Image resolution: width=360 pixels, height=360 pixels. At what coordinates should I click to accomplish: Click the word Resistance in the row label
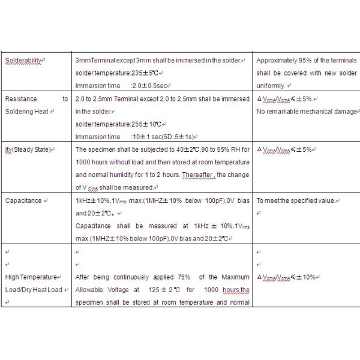(x=21, y=99)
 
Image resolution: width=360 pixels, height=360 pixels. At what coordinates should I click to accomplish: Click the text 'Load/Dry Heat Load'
(x=34, y=290)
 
